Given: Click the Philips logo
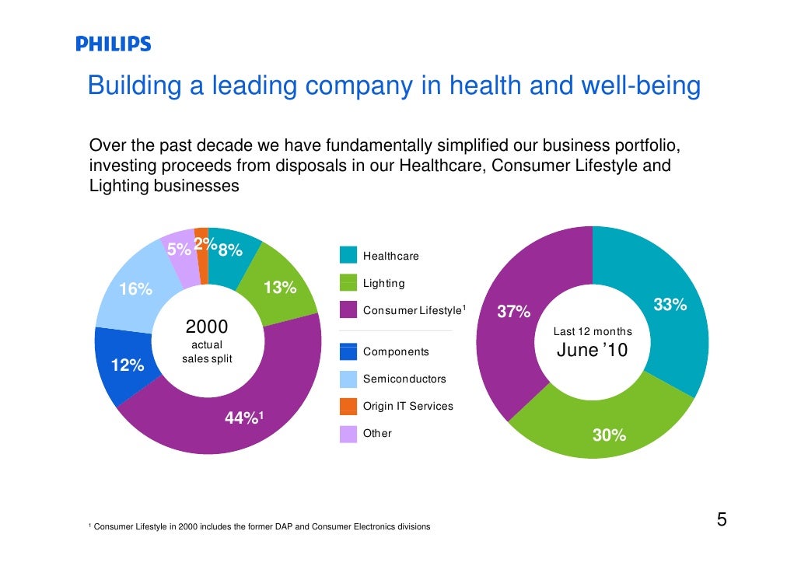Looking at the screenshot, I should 114,44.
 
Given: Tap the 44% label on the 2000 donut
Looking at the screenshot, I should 243,418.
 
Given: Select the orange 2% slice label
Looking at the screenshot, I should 205,243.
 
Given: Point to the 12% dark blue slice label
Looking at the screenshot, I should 128,365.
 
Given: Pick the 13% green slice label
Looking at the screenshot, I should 280,288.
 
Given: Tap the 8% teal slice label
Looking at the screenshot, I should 230,250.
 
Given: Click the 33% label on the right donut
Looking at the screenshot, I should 670,305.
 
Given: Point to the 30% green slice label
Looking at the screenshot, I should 609,435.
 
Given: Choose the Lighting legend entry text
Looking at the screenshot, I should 383,283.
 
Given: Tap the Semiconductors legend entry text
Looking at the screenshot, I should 404,379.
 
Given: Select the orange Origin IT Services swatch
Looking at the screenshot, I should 348,407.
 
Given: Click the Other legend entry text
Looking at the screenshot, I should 377,433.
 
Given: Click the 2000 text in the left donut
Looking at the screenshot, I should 206,326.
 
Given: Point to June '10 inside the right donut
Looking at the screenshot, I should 592,352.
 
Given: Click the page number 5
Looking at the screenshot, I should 721,520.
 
